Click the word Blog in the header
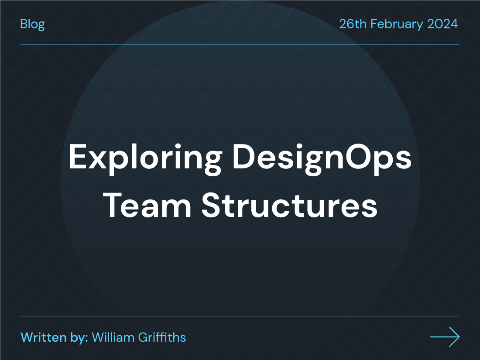coord(32,24)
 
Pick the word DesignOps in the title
coord(322,158)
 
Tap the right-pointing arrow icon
coord(445,337)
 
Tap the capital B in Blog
coord(24,24)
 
